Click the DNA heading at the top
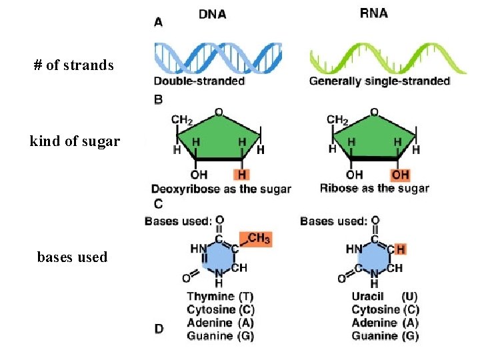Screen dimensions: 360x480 212,14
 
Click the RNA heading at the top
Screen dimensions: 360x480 373,14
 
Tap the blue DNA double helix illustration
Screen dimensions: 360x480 218,59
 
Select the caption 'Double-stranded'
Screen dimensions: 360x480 199,81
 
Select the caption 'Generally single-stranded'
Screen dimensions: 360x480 379,81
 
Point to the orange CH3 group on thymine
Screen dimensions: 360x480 259,239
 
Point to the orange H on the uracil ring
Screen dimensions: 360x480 400,249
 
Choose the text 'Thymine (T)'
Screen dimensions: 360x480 220,296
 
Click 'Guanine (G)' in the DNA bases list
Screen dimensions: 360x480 220,337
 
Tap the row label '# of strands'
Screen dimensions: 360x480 74,65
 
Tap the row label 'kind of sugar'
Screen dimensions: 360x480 75,141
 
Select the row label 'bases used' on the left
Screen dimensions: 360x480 72,257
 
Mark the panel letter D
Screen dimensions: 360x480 159,329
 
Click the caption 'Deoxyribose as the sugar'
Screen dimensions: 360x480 221,189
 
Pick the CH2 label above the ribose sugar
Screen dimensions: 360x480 337,120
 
